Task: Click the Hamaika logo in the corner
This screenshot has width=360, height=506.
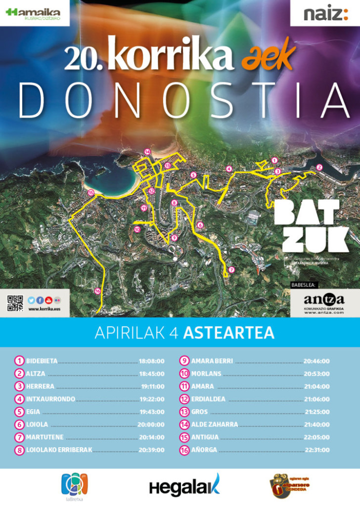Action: click(34, 13)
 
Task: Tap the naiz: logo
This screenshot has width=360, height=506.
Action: click(325, 14)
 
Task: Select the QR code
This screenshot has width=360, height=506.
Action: click(15, 302)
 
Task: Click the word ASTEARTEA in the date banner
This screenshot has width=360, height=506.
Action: click(228, 333)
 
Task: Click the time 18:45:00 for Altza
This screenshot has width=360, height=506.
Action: click(151, 374)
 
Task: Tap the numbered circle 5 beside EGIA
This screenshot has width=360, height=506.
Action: click(19, 412)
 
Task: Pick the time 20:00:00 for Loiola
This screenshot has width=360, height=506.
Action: click(151, 424)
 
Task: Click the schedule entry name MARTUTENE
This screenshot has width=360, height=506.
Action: click(45, 437)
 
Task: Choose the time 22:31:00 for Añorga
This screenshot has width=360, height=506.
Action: click(317, 450)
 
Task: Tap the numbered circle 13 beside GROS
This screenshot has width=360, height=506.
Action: click(184, 412)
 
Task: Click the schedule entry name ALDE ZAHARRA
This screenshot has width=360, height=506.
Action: click(215, 424)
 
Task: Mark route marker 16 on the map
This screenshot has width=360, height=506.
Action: click(98, 291)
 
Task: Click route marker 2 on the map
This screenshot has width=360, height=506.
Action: click(319, 167)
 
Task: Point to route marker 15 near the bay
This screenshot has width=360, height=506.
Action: click(90, 193)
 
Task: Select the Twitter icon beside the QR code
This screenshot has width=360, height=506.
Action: click(31, 299)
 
